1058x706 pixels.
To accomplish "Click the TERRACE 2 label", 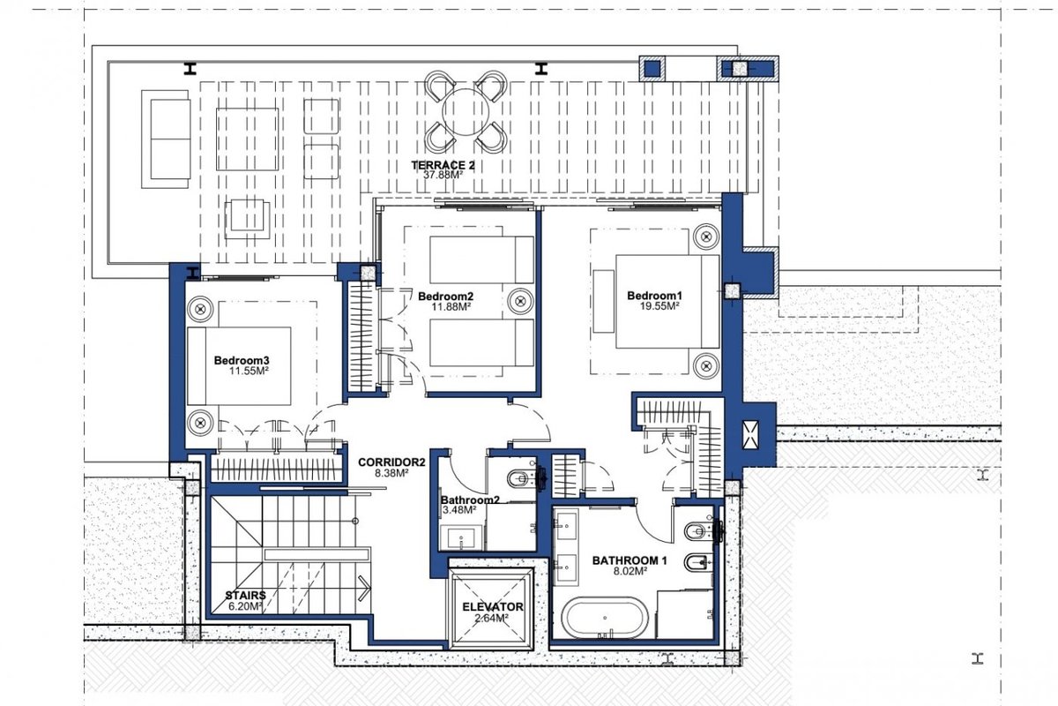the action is [x=443, y=166].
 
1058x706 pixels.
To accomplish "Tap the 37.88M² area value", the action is [x=443, y=175].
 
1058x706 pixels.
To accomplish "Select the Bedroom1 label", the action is [x=654, y=296].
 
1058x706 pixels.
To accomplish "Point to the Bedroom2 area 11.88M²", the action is [x=451, y=306].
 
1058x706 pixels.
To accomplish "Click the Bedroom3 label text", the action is [x=242, y=360].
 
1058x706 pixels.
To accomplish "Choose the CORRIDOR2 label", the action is [x=391, y=462].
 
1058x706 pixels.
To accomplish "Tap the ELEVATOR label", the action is [x=493, y=606].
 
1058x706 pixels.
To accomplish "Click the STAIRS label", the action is [x=245, y=596].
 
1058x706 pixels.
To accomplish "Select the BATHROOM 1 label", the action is [x=630, y=560].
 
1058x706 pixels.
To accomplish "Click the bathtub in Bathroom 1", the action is [x=605, y=619].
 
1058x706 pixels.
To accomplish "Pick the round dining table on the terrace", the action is [x=466, y=112].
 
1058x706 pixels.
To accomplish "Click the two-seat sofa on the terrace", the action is [x=166, y=139].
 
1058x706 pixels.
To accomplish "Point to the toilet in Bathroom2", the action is [x=520, y=479].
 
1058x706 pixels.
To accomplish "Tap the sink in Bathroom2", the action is [x=461, y=537].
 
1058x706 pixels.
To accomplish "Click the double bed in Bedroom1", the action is [x=667, y=302].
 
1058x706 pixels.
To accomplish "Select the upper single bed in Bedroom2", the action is [x=481, y=259].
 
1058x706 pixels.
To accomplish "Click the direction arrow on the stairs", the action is [x=364, y=589].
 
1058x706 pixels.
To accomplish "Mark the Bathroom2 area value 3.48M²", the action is [x=459, y=510].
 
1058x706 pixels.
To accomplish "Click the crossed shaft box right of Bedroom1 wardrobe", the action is [x=750, y=434].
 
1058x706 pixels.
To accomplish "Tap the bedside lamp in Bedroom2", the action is [x=520, y=300].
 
